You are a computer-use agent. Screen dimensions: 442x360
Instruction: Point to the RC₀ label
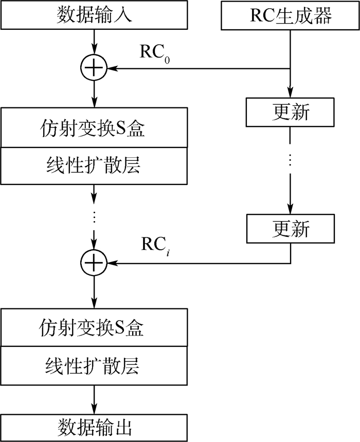(x=155, y=53)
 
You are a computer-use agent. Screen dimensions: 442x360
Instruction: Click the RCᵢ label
(x=155, y=246)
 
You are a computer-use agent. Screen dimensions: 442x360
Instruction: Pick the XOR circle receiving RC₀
(x=94, y=68)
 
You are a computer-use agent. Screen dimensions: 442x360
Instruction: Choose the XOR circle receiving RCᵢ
(x=94, y=263)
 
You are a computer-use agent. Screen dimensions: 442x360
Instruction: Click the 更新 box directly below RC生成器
(x=291, y=112)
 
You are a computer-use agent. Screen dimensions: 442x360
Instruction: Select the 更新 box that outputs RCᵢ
(x=291, y=228)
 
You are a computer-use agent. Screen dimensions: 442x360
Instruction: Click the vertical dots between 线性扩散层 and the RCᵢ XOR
(x=94, y=217)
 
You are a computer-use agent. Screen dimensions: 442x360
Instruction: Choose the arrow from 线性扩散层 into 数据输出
(x=94, y=399)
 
